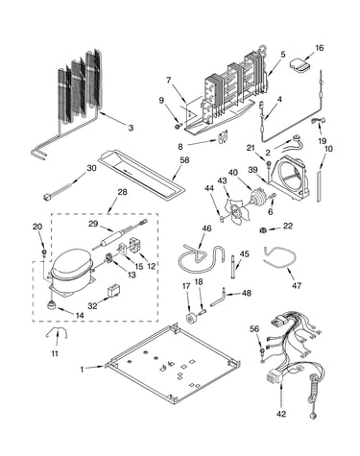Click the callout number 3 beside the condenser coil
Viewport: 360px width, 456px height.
tap(131, 128)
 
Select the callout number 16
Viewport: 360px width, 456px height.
tap(320, 48)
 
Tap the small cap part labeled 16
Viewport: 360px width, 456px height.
tap(300, 65)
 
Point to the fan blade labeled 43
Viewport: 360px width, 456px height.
tap(234, 209)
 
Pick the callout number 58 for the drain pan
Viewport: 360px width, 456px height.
tap(184, 160)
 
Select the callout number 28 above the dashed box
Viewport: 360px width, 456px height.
tap(122, 192)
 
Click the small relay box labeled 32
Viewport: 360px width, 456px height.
tap(112, 292)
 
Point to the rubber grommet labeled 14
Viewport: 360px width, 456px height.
tap(51, 305)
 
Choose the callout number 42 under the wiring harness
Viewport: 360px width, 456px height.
tap(281, 414)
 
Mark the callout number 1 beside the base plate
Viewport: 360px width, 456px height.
tap(82, 370)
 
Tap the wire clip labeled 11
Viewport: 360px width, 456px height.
tap(57, 333)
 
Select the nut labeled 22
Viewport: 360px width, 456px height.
tap(263, 229)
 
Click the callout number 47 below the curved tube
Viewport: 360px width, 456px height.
tap(297, 285)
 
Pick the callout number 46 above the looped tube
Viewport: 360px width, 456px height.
tap(206, 228)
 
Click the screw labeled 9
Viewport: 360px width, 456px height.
tap(178, 127)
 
